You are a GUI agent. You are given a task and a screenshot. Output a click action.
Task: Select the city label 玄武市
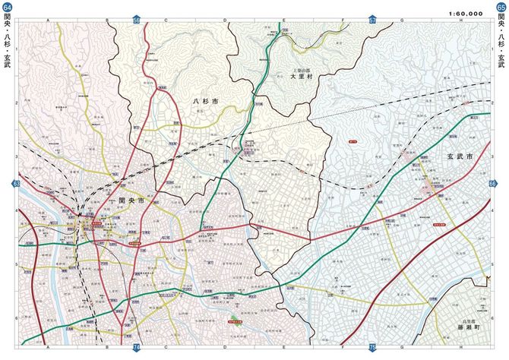click(459, 156)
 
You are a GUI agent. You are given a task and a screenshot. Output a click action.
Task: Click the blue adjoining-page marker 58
click(137, 20)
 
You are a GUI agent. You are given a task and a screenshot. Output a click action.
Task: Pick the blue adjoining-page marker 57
click(372, 20)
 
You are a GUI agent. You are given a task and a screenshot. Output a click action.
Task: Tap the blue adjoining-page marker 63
click(17, 184)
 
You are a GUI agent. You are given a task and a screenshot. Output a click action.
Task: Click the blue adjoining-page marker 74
click(137, 347)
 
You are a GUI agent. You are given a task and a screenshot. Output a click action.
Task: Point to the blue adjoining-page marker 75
click(372, 347)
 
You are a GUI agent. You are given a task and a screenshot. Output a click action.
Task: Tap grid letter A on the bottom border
click(47, 347)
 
